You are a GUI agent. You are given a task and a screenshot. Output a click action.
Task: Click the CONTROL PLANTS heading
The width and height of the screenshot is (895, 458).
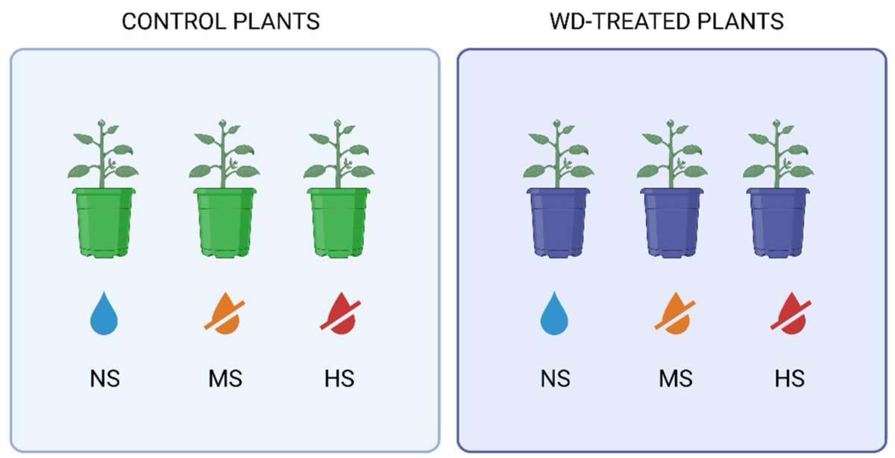220,22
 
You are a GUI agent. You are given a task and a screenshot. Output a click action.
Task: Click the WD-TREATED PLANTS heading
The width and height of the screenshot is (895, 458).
666,22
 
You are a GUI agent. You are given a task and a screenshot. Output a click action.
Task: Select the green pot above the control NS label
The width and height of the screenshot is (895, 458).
104,222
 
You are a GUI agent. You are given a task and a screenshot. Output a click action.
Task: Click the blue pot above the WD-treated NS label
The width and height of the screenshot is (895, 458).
558,222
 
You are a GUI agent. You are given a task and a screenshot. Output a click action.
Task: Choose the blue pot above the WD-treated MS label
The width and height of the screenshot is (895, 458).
673,222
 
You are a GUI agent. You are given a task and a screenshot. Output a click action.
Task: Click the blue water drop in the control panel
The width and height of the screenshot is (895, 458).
104,314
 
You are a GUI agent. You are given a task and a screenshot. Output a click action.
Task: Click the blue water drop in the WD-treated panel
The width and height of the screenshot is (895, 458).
555,314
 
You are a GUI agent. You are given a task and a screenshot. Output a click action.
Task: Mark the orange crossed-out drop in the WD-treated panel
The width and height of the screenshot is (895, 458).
673,314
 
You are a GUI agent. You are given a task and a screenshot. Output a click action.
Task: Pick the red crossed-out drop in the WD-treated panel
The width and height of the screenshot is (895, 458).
790,314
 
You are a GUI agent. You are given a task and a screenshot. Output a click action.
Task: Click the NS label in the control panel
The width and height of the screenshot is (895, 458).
104,379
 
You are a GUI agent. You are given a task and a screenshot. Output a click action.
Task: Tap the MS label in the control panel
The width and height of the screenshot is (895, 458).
224,379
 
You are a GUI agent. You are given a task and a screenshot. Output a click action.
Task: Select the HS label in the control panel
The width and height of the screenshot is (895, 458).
339,379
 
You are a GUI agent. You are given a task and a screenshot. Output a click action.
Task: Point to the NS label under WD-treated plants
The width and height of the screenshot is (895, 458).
555,379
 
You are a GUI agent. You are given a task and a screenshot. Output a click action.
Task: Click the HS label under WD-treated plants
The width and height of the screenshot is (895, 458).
790,379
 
